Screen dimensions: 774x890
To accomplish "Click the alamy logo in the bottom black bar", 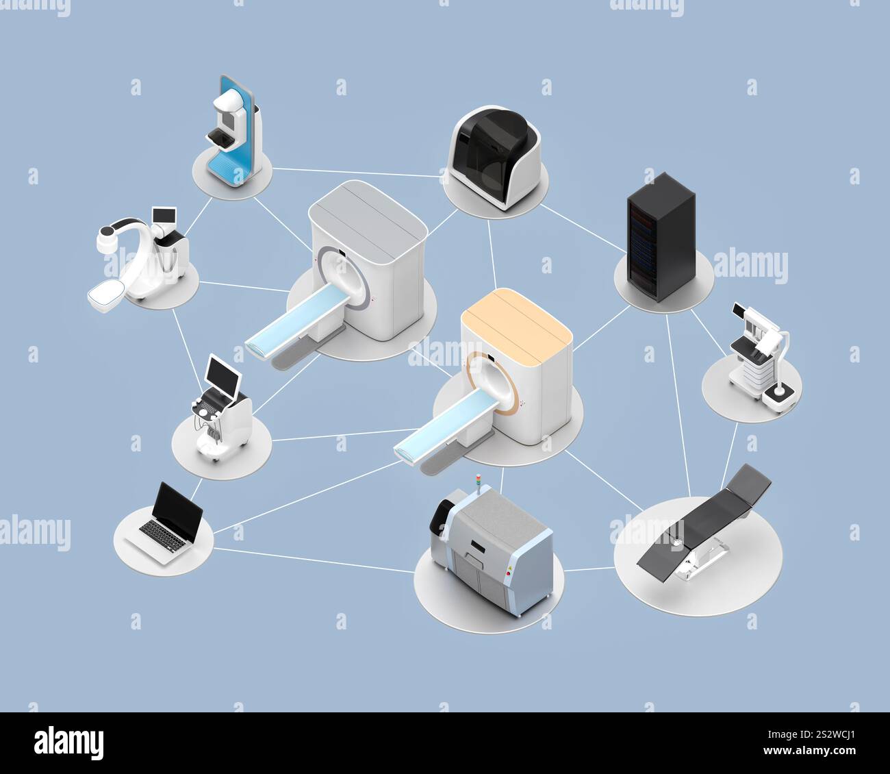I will pyautogui.click(x=69, y=742).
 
